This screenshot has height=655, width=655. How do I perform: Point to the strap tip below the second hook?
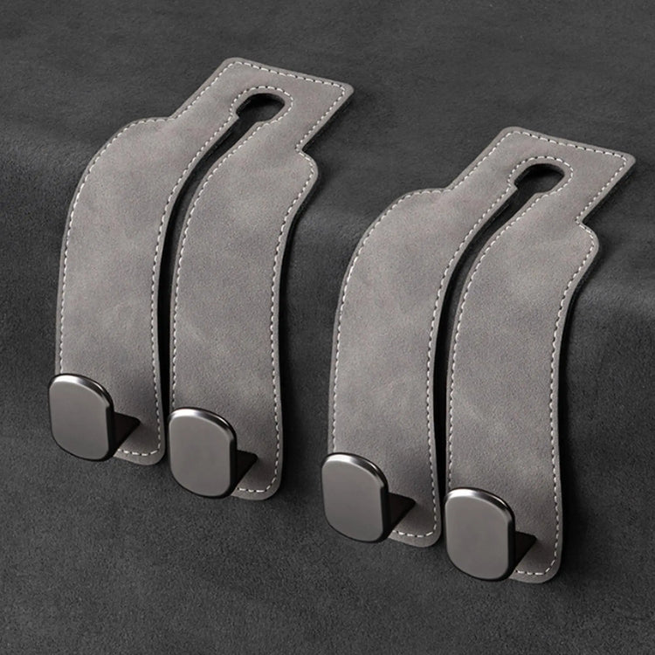(262, 485)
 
